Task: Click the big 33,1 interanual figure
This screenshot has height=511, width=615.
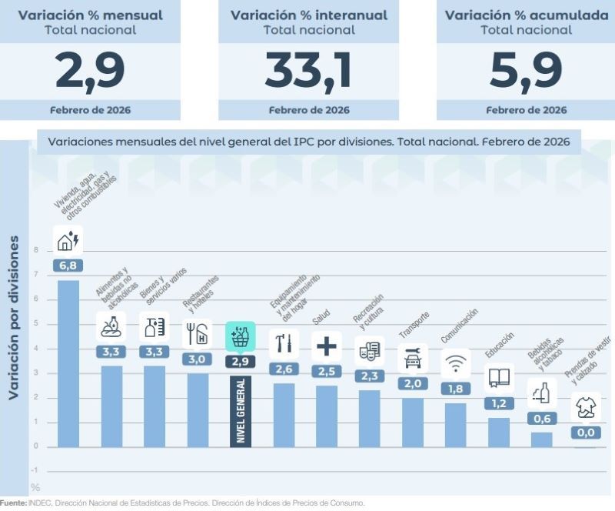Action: tap(308, 71)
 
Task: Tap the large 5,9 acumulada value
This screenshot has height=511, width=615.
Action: tap(526, 71)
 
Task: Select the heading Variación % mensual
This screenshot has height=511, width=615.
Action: tap(90, 15)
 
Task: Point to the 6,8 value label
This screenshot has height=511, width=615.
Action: tap(68, 266)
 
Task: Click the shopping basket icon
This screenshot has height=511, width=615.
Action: tap(241, 337)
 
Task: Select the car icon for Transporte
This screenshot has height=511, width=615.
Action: tap(413, 358)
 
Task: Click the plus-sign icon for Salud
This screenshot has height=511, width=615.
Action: tap(327, 346)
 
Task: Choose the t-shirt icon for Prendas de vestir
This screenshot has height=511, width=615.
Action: tap(585, 406)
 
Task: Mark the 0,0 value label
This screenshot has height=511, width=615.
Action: tap(585, 433)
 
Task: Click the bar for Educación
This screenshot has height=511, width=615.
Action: tap(499, 432)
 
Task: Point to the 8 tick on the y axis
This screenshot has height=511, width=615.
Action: tap(35, 250)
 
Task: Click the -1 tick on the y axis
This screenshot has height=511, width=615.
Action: tap(35, 471)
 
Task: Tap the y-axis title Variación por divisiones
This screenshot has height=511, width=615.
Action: tap(13, 318)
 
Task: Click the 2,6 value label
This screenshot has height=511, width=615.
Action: tap(284, 369)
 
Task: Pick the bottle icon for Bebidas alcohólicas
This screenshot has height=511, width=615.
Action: tap(542, 394)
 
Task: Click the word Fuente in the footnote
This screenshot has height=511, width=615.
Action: tap(12, 503)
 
